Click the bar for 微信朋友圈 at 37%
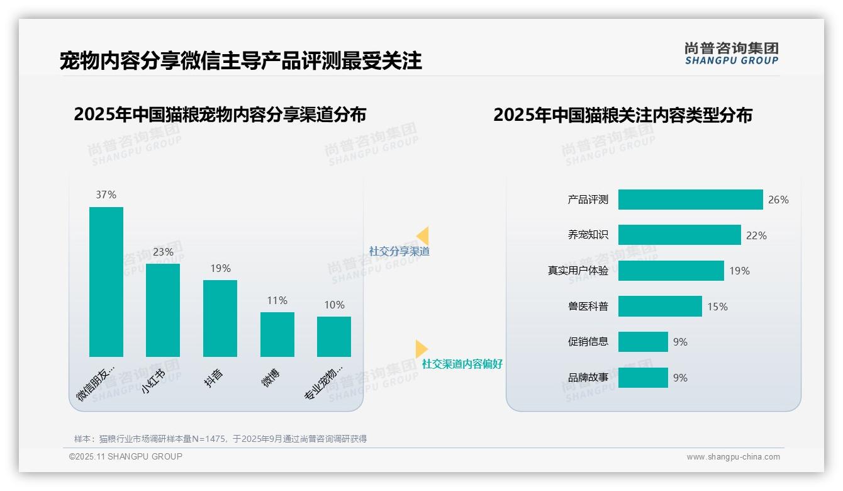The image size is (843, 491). [x=106, y=281]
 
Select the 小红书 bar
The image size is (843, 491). [x=163, y=310]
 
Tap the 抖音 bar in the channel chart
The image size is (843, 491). [x=220, y=318]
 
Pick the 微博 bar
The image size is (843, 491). [x=277, y=334]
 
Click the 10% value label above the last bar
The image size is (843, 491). [x=334, y=305]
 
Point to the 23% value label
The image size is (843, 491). [x=163, y=252]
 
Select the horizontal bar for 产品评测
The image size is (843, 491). [x=690, y=200]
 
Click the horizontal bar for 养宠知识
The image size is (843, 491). [x=679, y=235]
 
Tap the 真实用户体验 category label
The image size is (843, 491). [x=578, y=271]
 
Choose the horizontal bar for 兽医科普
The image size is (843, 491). [x=660, y=307]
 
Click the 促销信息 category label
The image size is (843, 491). [x=588, y=342]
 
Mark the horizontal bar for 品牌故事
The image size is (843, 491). [x=643, y=378]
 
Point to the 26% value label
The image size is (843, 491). [x=778, y=200]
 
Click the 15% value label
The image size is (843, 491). [x=717, y=307]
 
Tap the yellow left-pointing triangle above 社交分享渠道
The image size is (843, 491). [x=423, y=236]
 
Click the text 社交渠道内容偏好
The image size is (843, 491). [x=462, y=364]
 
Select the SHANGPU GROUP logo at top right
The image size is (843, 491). [x=732, y=54]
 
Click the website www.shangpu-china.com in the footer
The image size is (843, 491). [x=733, y=457]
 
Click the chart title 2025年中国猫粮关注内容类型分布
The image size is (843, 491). [x=622, y=116]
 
